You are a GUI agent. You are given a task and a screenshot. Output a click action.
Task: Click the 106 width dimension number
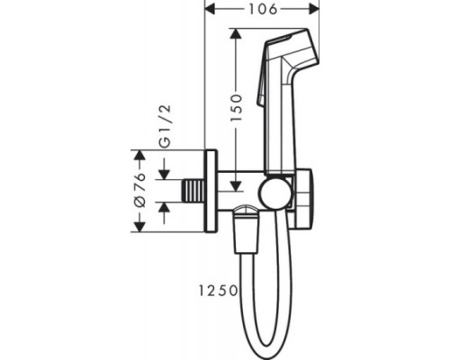(x=264, y=9)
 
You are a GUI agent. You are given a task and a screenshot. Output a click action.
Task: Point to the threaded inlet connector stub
(x=192, y=192)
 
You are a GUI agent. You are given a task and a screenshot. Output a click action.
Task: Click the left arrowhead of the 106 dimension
(x=211, y=9)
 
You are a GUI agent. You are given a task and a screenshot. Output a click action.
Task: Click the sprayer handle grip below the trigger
(x=281, y=135)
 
